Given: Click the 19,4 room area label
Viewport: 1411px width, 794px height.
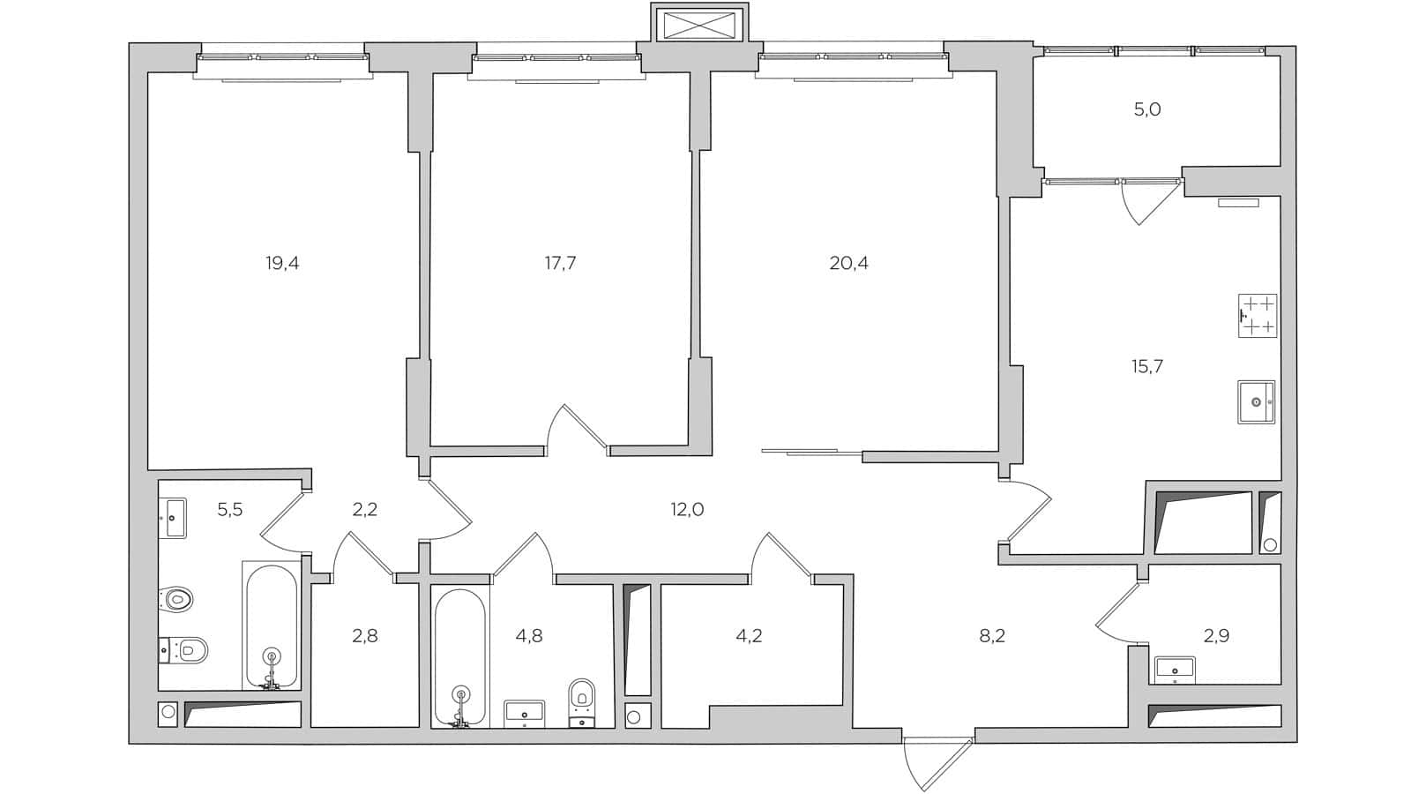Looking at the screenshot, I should point(282,263).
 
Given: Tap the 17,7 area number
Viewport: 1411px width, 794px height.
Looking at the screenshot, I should point(560,263).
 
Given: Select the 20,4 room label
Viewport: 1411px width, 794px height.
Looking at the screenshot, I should point(848,263).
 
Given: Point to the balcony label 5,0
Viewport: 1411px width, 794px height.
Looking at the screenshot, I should point(1146,110).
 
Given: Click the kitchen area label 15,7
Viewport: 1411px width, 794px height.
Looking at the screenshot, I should point(1146,366).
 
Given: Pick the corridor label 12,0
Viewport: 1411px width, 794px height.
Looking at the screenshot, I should point(687,510).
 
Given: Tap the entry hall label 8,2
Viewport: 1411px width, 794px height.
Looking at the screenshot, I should point(992,635).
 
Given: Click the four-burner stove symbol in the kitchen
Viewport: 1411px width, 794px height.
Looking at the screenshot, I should point(1257,317).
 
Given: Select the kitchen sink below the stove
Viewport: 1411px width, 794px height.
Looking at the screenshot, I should point(1256,401).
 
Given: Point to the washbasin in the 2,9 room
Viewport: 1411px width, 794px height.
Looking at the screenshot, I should point(1174,668).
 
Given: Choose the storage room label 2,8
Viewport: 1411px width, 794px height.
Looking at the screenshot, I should point(364,635).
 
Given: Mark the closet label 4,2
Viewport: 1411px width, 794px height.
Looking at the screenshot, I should point(749,635).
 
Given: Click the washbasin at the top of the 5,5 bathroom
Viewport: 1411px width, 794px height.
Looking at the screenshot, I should point(175,516).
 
